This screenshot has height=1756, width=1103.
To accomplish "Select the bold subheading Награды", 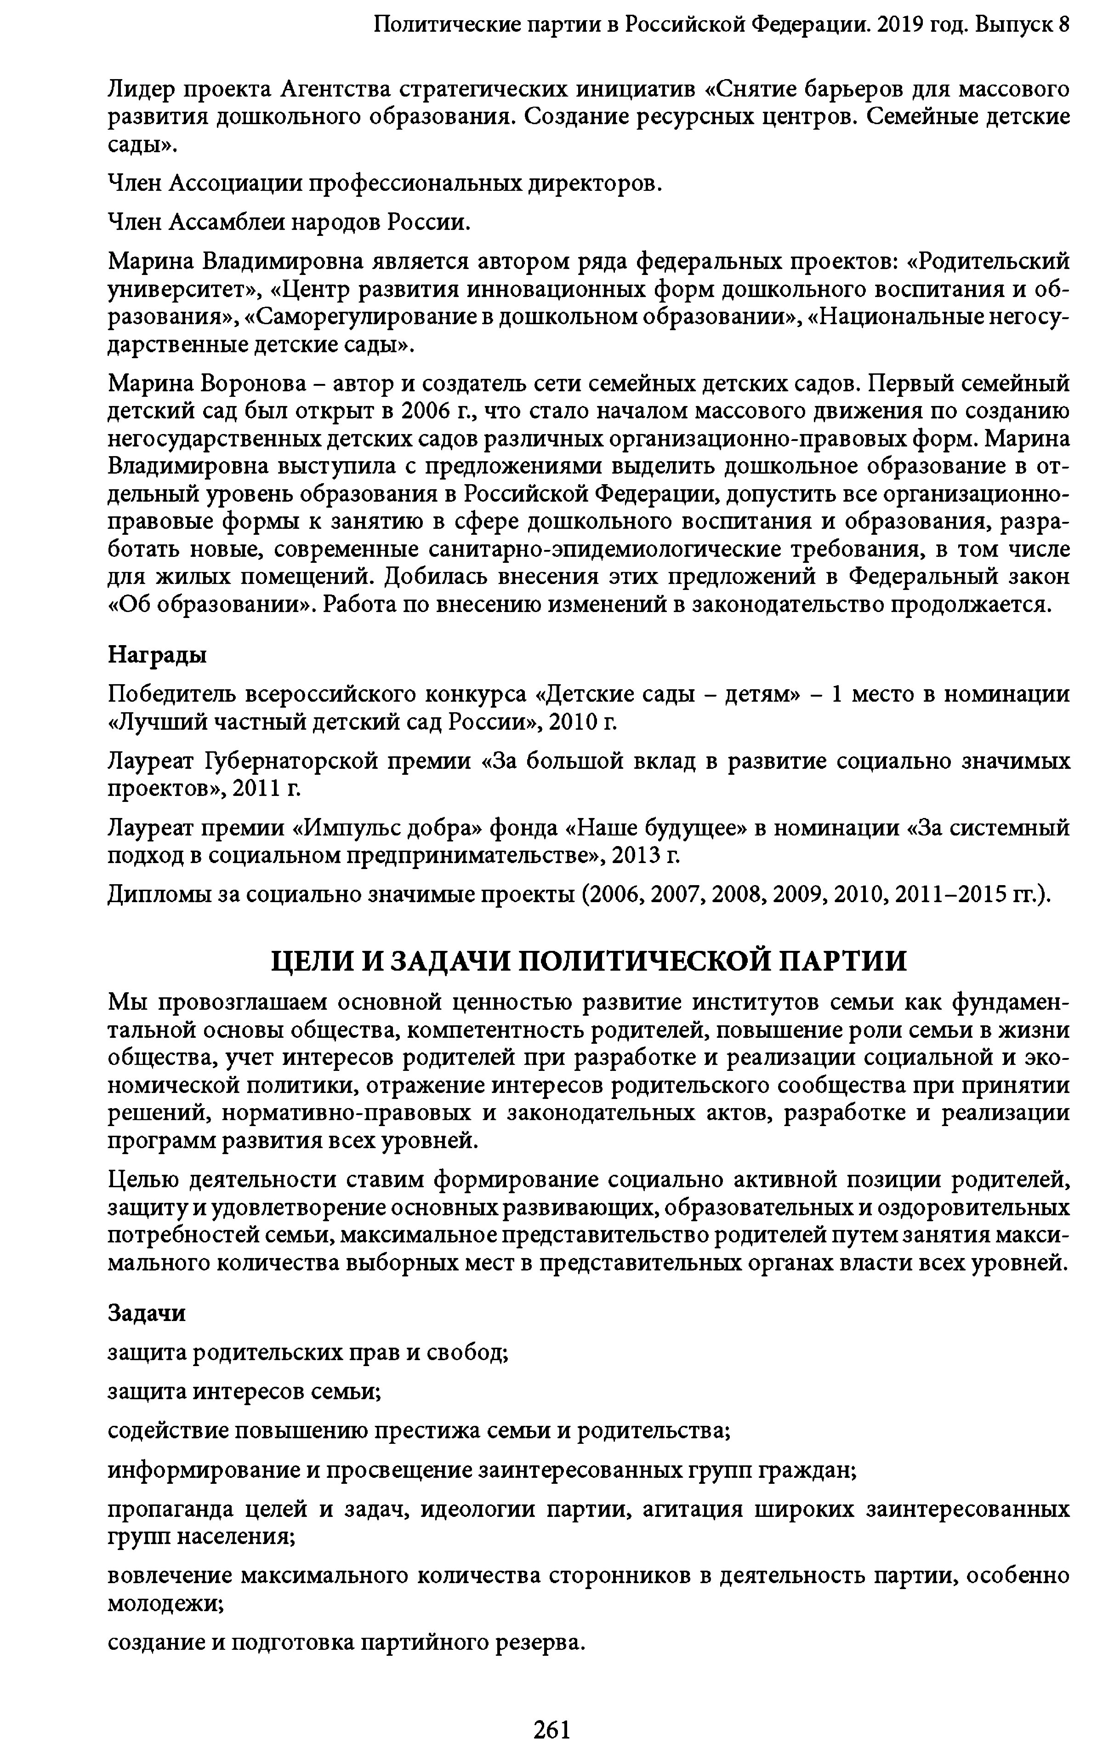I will (x=157, y=654).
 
